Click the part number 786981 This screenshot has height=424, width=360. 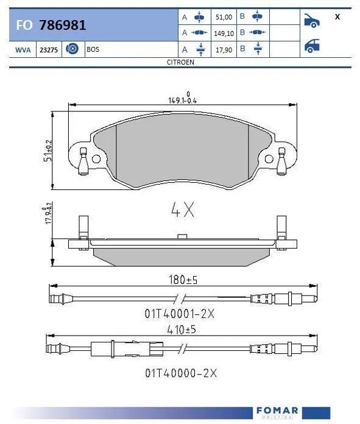(x=62, y=25)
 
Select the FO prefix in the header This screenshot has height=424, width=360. (x=24, y=25)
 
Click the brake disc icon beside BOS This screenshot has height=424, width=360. (x=71, y=49)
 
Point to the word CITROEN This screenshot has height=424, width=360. (x=180, y=62)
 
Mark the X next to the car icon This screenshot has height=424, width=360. (x=337, y=17)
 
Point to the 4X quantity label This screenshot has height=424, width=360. (x=183, y=210)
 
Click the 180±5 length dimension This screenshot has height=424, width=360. (x=183, y=280)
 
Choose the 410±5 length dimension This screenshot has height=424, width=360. (x=183, y=330)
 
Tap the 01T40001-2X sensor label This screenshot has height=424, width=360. (x=180, y=314)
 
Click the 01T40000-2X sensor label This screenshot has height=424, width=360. (x=180, y=371)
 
